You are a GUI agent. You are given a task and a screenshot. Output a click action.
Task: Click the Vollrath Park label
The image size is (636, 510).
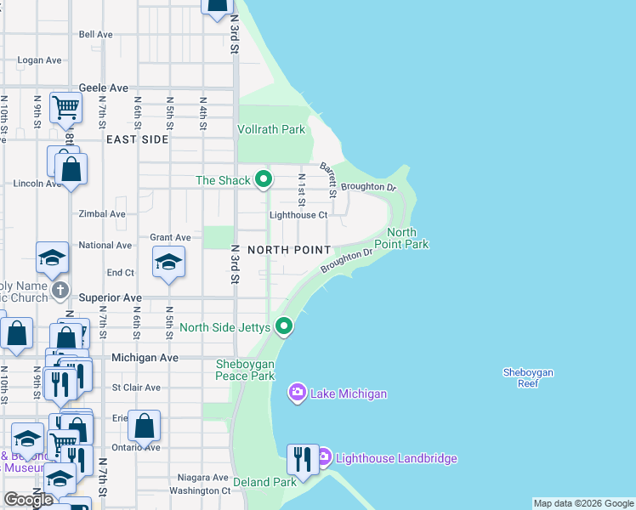[x=270, y=130]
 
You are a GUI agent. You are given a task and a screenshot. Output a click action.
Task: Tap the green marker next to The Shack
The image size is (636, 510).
[x=264, y=179]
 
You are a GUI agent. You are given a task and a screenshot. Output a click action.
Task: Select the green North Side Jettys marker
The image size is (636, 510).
[x=285, y=326]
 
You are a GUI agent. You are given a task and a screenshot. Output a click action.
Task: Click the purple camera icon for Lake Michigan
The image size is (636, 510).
[x=298, y=393]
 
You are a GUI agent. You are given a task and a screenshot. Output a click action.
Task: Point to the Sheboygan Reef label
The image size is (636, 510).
[x=528, y=377]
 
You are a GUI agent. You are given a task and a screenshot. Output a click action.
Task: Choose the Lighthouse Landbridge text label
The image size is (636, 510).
[x=396, y=459]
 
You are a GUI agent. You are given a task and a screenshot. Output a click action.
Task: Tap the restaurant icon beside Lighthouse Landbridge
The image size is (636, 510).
[x=303, y=459]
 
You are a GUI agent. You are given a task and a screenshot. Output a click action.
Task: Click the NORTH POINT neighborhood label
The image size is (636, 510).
[x=289, y=250]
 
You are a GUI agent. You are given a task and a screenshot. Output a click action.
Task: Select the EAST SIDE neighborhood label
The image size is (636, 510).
[x=137, y=139]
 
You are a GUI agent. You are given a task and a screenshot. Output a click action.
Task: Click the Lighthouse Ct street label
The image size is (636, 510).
[x=298, y=215]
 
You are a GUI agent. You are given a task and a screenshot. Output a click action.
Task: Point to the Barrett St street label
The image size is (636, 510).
[x=328, y=178]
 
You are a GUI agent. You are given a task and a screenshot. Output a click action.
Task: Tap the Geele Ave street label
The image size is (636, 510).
[x=103, y=88]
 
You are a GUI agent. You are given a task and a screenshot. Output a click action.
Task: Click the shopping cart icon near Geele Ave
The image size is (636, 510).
[x=65, y=108]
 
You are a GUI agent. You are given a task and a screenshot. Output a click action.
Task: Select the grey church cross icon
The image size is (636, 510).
[x=60, y=291]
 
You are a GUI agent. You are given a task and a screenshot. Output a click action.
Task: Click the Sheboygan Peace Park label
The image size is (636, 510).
[x=245, y=370]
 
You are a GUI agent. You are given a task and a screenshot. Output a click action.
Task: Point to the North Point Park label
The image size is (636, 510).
[x=406, y=239]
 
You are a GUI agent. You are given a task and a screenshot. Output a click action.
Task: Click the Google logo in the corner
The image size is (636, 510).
[x=28, y=500]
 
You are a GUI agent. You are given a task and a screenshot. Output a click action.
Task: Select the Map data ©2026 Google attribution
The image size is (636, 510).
[x=583, y=503]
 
